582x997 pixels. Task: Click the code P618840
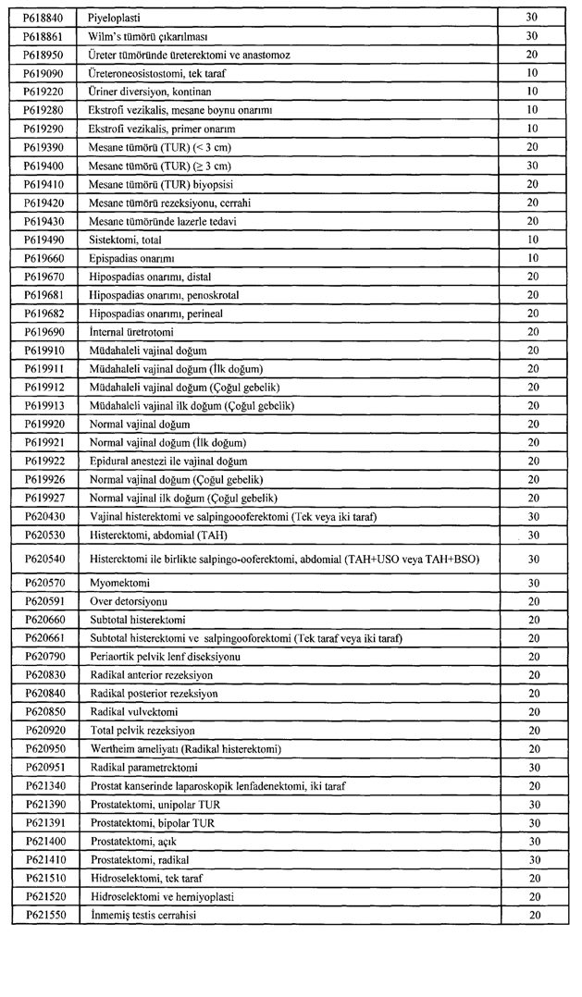pyautogui.click(x=43, y=18)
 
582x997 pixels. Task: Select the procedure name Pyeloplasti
pyautogui.click(x=116, y=18)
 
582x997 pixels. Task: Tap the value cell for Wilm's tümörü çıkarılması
pyautogui.click(x=532, y=36)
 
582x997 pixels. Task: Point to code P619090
pyautogui.click(x=43, y=73)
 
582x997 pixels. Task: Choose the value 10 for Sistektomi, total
pyautogui.click(x=532, y=240)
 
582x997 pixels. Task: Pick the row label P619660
pyautogui.click(x=43, y=258)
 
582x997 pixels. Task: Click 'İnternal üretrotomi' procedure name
pyautogui.click(x=131, y=331)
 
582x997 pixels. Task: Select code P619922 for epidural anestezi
pyautogui.click(x=43, y=461)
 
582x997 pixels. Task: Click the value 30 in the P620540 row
pyautogui.click(x=532, y=559)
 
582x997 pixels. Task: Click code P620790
pyautogui.click(x=43, y=657)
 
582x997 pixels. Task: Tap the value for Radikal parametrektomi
pyautogui.click(x=532, y=768)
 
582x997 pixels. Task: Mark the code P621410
pyautogui.click(x=43, y=860)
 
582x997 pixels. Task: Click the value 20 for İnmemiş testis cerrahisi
pyautogui.click(x=532, y=916)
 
